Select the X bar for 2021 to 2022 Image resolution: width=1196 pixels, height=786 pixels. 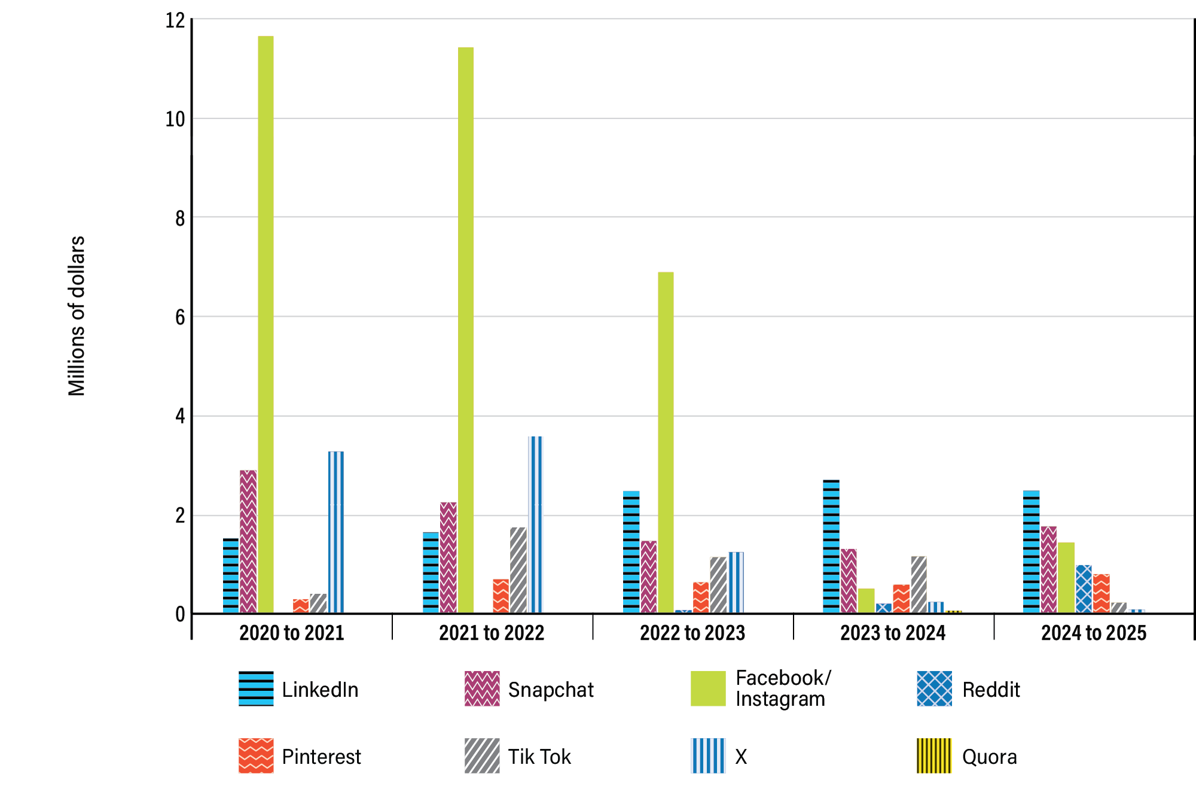point(536,525)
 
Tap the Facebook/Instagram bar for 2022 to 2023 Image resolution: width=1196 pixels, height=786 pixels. point(666,443)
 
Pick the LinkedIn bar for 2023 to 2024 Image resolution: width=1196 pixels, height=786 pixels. point(831,546)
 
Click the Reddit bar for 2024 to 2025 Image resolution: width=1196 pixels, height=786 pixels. point(1084,589)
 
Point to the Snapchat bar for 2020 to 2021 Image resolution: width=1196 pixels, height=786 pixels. point(248,541)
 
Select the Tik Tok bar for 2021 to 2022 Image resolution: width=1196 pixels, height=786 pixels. point(518,570)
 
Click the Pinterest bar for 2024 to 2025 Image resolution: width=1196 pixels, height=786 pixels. point(1101,593)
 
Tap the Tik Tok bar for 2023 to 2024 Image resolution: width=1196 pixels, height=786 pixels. point(919,584)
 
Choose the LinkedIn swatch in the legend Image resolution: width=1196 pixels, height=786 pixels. point(256,688)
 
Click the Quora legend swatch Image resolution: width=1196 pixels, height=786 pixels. point(934,755)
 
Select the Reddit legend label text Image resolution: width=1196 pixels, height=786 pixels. point(990,690)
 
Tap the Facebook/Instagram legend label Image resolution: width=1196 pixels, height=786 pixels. point(782,688)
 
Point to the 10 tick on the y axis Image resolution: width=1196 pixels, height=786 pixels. point(175,119)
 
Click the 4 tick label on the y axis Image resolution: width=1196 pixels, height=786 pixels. point(180,416)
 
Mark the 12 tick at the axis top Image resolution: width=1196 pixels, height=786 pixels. point(175,20)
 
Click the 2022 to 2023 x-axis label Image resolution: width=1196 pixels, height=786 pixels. point(692,633)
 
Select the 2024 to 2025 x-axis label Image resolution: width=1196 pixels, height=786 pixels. point(1094,633)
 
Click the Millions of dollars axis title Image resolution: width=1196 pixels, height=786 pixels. point(77,316)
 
